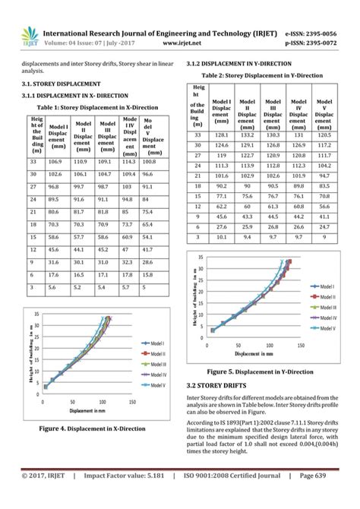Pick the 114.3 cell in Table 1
[x=129, y=162]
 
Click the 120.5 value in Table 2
[x=324, y=134]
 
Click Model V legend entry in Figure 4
[x=156, y=385]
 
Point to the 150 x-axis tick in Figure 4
[x=132, y=403]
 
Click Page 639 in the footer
[x=322, y=497]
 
